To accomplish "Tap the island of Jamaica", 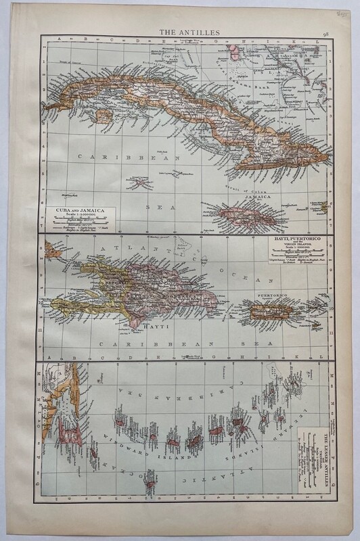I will pos(251,214).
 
